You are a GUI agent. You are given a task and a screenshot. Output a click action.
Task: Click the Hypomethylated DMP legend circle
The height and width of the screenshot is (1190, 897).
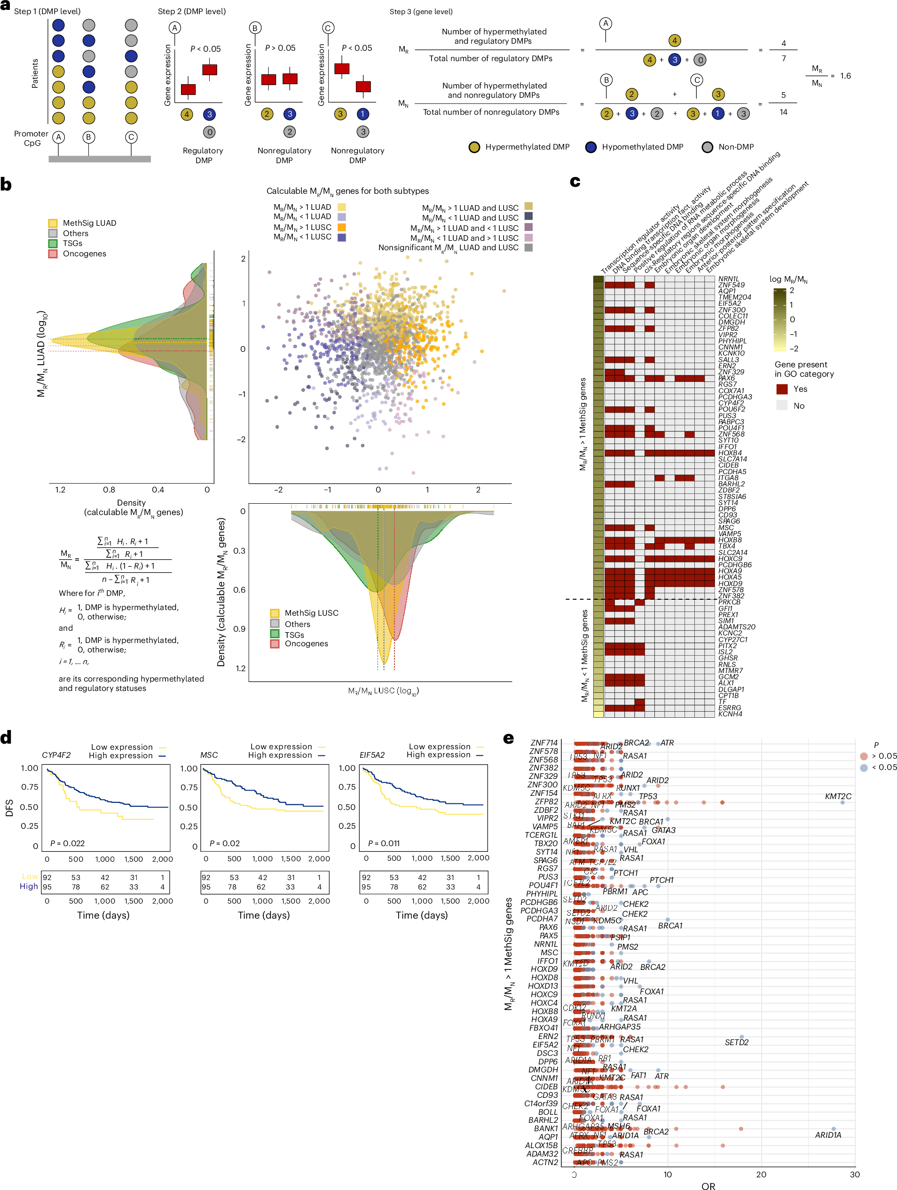[590, 147]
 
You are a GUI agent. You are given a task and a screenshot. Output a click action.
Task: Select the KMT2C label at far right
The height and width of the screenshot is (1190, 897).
[837, 796]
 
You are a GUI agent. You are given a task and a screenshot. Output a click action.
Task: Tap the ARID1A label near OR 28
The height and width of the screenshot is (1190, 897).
[827, 1134]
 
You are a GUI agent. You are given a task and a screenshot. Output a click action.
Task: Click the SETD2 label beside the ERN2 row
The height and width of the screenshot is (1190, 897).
[736, 1042]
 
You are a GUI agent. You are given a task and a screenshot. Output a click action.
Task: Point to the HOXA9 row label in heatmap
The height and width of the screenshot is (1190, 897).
[730, 571]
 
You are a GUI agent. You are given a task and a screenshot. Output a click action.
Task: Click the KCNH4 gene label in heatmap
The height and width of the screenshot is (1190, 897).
[730, 714]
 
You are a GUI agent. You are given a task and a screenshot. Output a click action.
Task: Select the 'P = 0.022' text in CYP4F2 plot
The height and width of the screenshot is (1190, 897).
[67, 843]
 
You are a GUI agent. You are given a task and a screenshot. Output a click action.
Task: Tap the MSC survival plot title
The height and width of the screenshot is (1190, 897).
[209, 755]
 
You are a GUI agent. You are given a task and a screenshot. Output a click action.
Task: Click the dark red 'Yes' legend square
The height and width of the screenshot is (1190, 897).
[781, 389]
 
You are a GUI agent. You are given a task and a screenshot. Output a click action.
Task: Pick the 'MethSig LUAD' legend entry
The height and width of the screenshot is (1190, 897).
[89, 223]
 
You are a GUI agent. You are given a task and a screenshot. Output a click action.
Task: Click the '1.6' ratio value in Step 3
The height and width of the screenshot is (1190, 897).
[845, 76]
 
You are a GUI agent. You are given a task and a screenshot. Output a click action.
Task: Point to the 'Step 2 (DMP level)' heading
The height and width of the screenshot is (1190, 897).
[191, 11]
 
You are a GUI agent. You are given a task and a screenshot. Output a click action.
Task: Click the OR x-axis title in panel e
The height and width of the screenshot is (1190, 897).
[708, 1185]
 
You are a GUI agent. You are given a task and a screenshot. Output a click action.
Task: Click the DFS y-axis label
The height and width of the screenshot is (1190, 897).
[9, 808]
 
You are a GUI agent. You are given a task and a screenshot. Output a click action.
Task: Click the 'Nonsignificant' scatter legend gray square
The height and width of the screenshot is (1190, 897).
[528, 247]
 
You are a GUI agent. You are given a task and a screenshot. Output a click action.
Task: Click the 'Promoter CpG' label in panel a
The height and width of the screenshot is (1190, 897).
[31, 138]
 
